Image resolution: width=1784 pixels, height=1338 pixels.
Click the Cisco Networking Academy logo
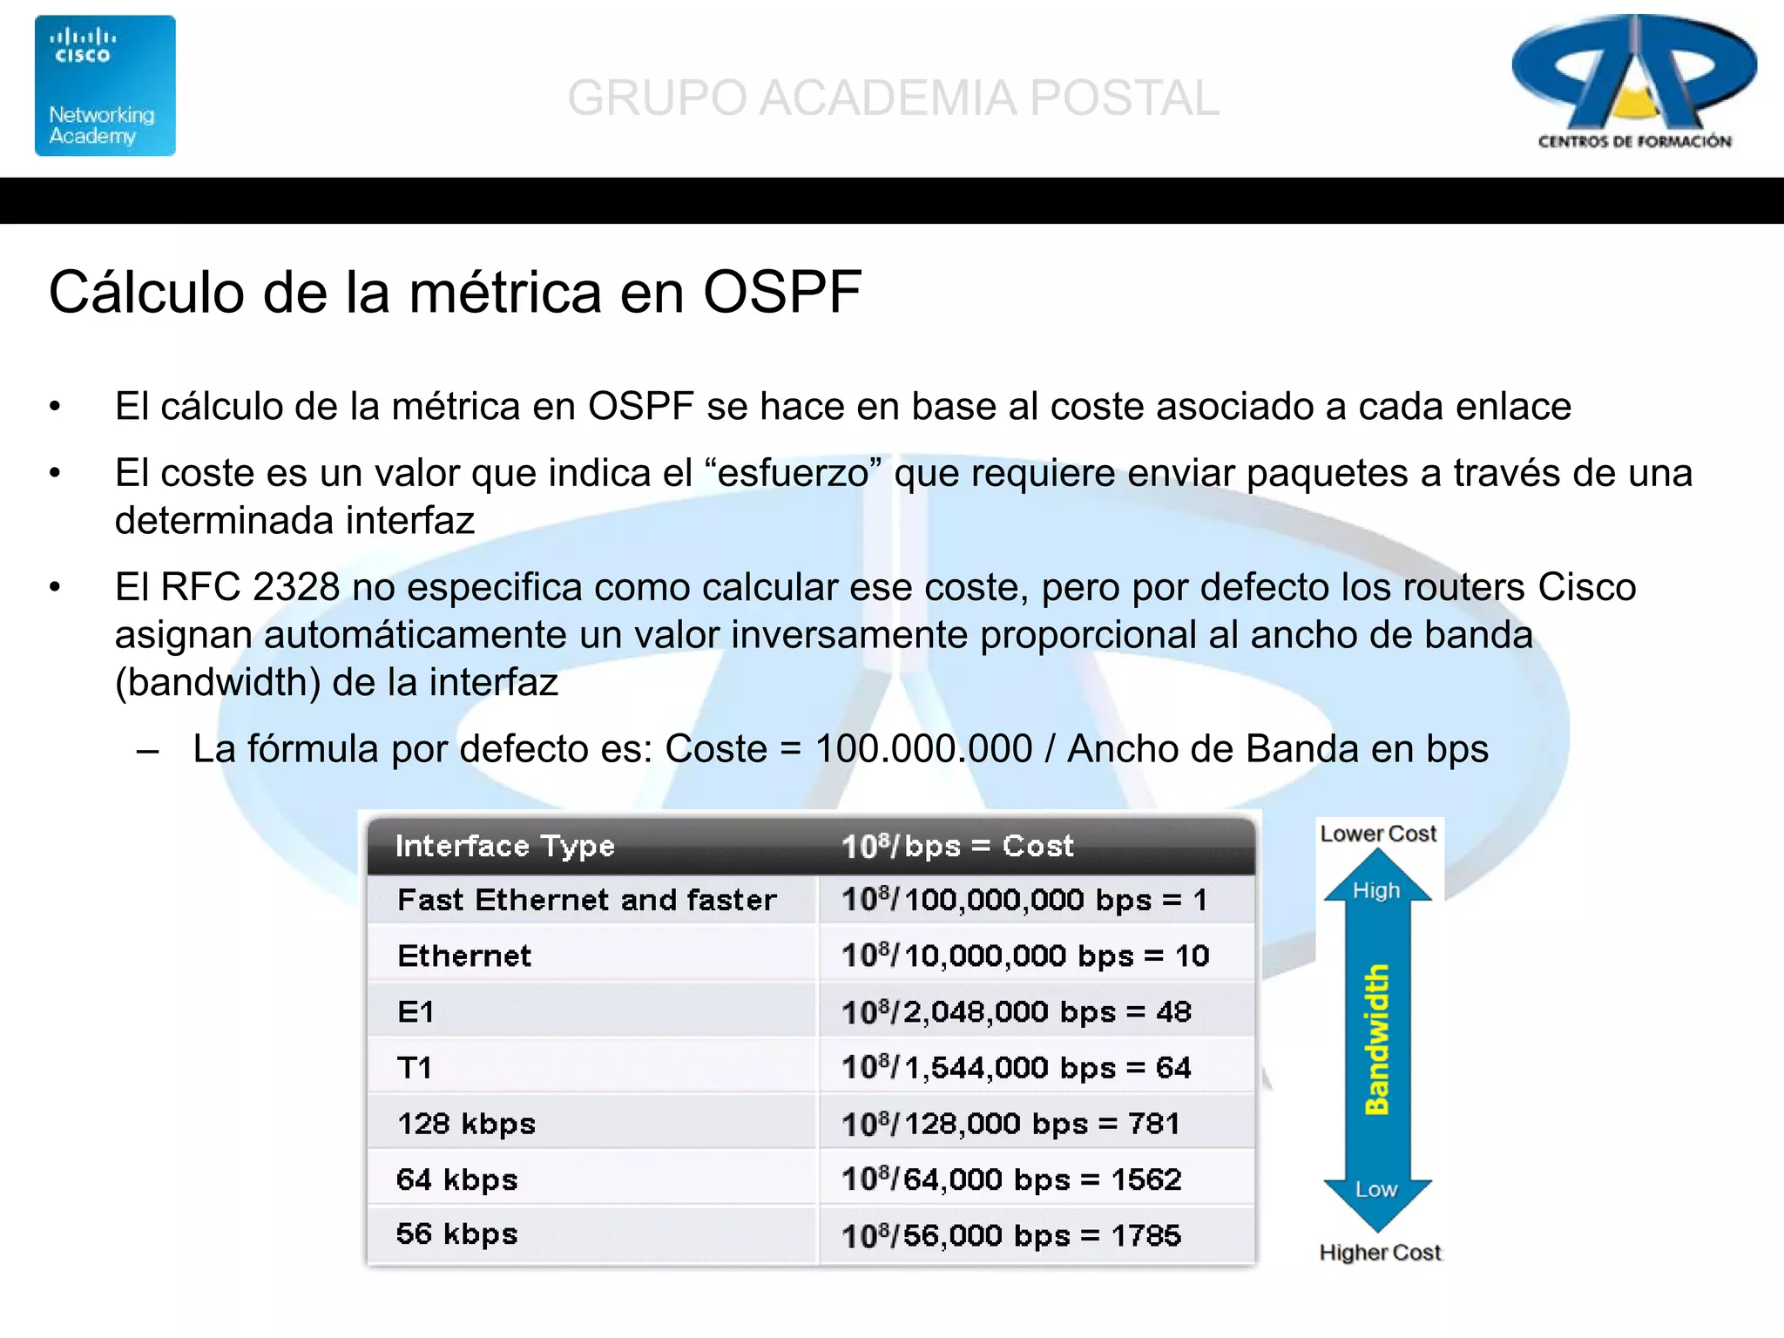(105, 85)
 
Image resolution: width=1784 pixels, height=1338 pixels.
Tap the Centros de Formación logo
(1633, 83)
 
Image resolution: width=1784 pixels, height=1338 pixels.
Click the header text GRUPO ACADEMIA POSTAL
(892, 98)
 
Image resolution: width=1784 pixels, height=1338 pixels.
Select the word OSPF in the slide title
(781, 292)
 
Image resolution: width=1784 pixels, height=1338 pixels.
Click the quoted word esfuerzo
(793, 473)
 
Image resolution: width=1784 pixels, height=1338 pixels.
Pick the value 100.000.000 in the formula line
(922, 749)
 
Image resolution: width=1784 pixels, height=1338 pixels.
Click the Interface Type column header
(504, 846)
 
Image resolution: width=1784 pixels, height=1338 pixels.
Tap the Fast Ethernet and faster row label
(586, 900)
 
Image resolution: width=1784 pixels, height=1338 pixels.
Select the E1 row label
(416, 1011)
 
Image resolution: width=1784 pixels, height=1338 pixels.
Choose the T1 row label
(415, 1067)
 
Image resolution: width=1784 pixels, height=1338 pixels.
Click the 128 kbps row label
(466, 1124)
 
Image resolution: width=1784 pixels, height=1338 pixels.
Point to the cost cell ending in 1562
(1010, 1179)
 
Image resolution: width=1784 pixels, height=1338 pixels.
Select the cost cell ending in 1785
(1010, 1235)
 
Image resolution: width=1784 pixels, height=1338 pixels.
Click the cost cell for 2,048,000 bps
(1016, 1011)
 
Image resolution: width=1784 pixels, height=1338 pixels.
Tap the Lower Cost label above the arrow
(1377, 834)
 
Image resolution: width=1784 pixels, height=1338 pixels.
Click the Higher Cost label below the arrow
(1380, 1253)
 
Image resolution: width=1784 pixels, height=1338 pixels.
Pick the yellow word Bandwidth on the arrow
(1377, 1039)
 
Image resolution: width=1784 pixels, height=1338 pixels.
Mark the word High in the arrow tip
(1376, 890)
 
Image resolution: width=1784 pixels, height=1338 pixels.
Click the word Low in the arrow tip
(1376, 1189)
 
